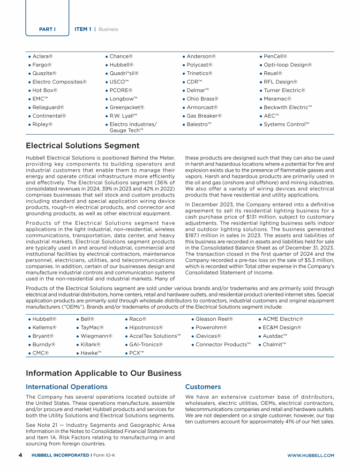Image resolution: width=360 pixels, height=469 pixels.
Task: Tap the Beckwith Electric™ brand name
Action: coord(288,107)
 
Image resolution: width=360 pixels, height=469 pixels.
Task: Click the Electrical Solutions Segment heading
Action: coord(82,146)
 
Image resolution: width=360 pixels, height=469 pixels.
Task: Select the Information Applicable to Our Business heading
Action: coord(103,373)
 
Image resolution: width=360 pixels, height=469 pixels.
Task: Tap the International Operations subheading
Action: coord(67,387)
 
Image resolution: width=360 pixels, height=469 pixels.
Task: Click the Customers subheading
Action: coord(203,387)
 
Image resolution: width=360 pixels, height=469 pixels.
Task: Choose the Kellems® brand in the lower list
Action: coord(45,327)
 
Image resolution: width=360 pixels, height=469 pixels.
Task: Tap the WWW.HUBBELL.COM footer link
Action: coord(310,455)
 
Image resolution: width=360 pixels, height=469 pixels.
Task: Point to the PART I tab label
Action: coord(47,29)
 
